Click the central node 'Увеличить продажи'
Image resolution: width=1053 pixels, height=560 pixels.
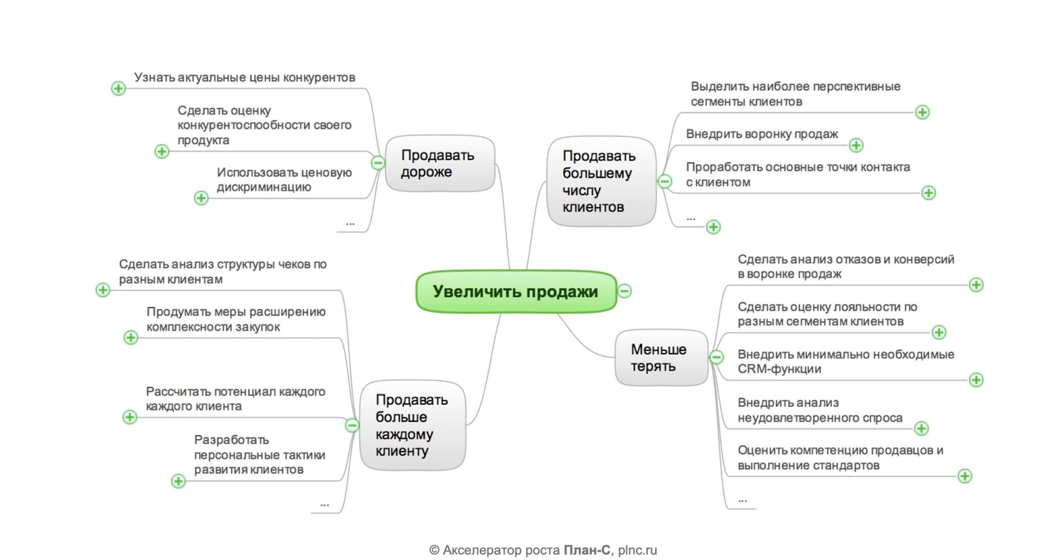tap(515, 291)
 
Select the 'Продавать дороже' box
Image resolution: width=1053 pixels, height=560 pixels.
tap(440, 163)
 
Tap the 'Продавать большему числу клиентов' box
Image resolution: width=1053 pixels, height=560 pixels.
tap(601, 181)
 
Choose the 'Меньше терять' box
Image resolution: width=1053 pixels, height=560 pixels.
tap(660, 358)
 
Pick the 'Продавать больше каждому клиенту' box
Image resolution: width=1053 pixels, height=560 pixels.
tap(412, 425)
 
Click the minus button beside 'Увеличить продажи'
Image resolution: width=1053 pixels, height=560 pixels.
tap(625, 291)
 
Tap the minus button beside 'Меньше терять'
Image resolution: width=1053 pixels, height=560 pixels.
tap(716, 357)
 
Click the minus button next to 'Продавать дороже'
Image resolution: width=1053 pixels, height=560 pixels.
tap(378, 163)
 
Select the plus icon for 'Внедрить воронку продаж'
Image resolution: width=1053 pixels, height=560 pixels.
tap(856, 145)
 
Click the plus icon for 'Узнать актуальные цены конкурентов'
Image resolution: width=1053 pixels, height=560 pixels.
tap(118, 88)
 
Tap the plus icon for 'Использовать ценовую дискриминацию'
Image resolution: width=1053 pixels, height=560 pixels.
tap(201, 198)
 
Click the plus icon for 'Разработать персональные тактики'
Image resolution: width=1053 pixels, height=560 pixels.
tap(178, 481)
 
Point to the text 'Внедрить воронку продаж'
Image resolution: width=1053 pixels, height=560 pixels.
tap(762, 134)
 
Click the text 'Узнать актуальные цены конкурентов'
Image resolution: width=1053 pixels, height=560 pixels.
tap(245, 78)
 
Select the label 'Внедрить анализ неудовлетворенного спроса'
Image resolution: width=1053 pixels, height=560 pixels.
tap(820, 410)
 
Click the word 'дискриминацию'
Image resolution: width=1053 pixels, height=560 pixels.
tap(264, 187)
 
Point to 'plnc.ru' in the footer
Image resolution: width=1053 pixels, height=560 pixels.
tap(638, 550)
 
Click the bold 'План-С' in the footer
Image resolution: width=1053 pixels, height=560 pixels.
tap(587, 550)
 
